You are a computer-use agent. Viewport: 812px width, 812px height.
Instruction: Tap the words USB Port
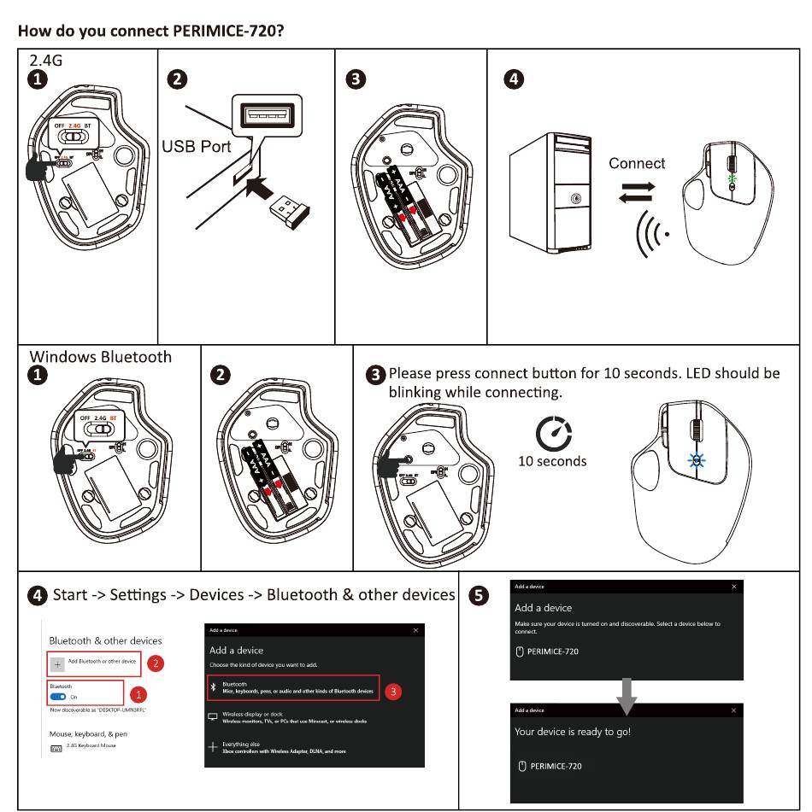[x=197, y=146]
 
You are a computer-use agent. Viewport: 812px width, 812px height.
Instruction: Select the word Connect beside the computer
[x=637, y=163]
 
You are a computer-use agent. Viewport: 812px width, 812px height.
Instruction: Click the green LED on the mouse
[x=731, y=180]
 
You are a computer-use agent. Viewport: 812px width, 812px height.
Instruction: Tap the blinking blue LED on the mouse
[x=697, y=460]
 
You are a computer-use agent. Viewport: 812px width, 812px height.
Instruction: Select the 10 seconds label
[x=552, y=461]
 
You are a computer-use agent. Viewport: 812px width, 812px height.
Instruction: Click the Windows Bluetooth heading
[x=101, y=357]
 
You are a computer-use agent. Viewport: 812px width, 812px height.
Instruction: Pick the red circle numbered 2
[x=156, y=663]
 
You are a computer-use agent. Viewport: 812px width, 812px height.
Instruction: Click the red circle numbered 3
[x=393, y=692]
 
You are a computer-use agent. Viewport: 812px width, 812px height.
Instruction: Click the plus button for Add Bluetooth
[x=58, y=663]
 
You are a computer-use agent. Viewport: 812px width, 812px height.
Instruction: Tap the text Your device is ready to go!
[x=573, y=732]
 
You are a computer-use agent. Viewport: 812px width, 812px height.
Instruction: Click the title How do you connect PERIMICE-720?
[x=150, y=32]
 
